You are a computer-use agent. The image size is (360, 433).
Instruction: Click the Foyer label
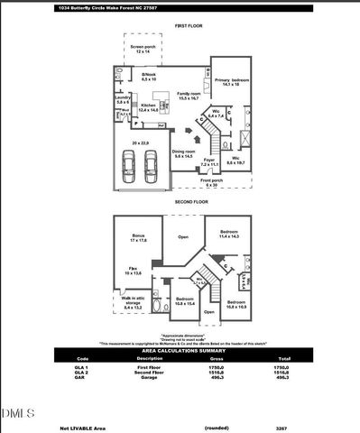click(x=209, y=163)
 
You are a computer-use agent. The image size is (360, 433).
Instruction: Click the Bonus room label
click(x=138, y=237)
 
